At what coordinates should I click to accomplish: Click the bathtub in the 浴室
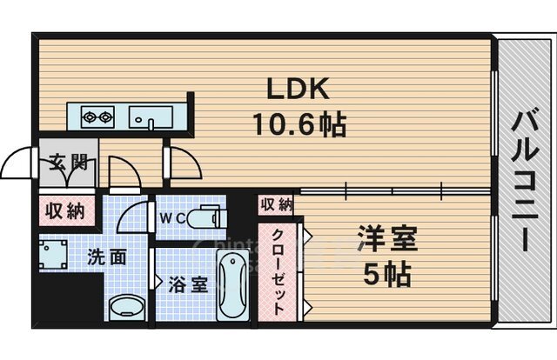pyautogui.click(x=232, y=286)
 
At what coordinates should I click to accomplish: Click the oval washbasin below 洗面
pyautogui.click(x=127, y=305)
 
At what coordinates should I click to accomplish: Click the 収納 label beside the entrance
pyautogui.click(x=65, y=210)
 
